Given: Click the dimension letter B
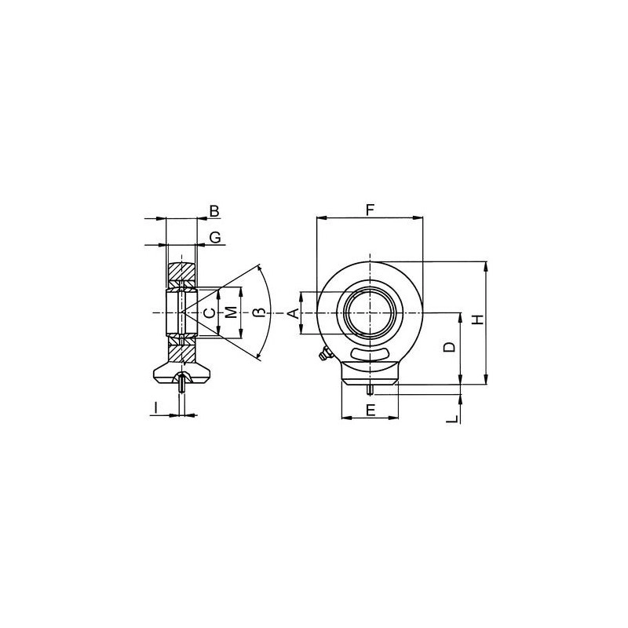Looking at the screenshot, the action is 214,211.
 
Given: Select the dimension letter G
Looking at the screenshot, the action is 215,238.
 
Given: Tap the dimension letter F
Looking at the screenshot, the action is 370,210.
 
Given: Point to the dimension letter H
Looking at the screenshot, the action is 478,319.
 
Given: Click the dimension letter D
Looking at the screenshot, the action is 450,347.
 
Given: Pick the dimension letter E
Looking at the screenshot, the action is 371,411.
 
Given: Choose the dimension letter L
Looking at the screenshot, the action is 453,419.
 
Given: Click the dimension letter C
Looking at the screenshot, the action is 209,312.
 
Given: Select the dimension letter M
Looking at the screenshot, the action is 230,312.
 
